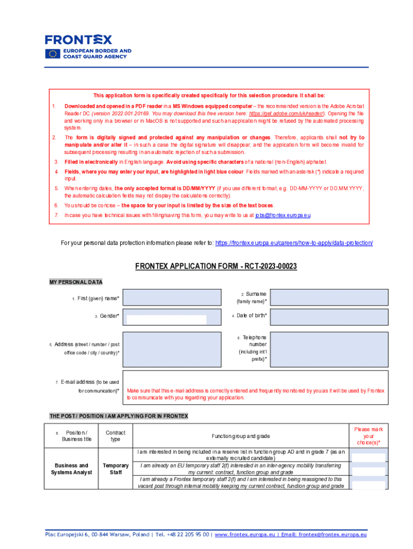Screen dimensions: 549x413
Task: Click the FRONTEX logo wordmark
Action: tap(78, 40)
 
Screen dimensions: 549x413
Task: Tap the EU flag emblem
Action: tap(53, 54)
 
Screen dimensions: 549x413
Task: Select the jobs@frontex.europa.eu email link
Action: tap(283, 215)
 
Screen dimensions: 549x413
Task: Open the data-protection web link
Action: tap(294, 243)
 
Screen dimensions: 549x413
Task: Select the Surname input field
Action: tap(330, 298)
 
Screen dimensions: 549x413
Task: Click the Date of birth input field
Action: tap(330, 317)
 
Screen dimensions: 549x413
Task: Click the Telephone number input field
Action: tap(330, 348)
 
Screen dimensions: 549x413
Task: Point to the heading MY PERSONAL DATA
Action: tap(76, 282)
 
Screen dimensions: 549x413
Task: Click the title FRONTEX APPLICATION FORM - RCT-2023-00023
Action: tap(216, 266)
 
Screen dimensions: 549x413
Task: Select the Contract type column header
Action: tap(115, 436)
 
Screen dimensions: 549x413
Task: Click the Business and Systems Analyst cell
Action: tap(70, 469)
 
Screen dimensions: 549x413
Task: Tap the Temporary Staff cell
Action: tap(115, 469)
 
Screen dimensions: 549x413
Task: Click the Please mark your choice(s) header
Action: tap(368, 436)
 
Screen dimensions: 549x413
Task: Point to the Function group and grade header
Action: tap(240, 436)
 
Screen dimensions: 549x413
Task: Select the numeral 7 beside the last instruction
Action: tap(56, 215)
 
